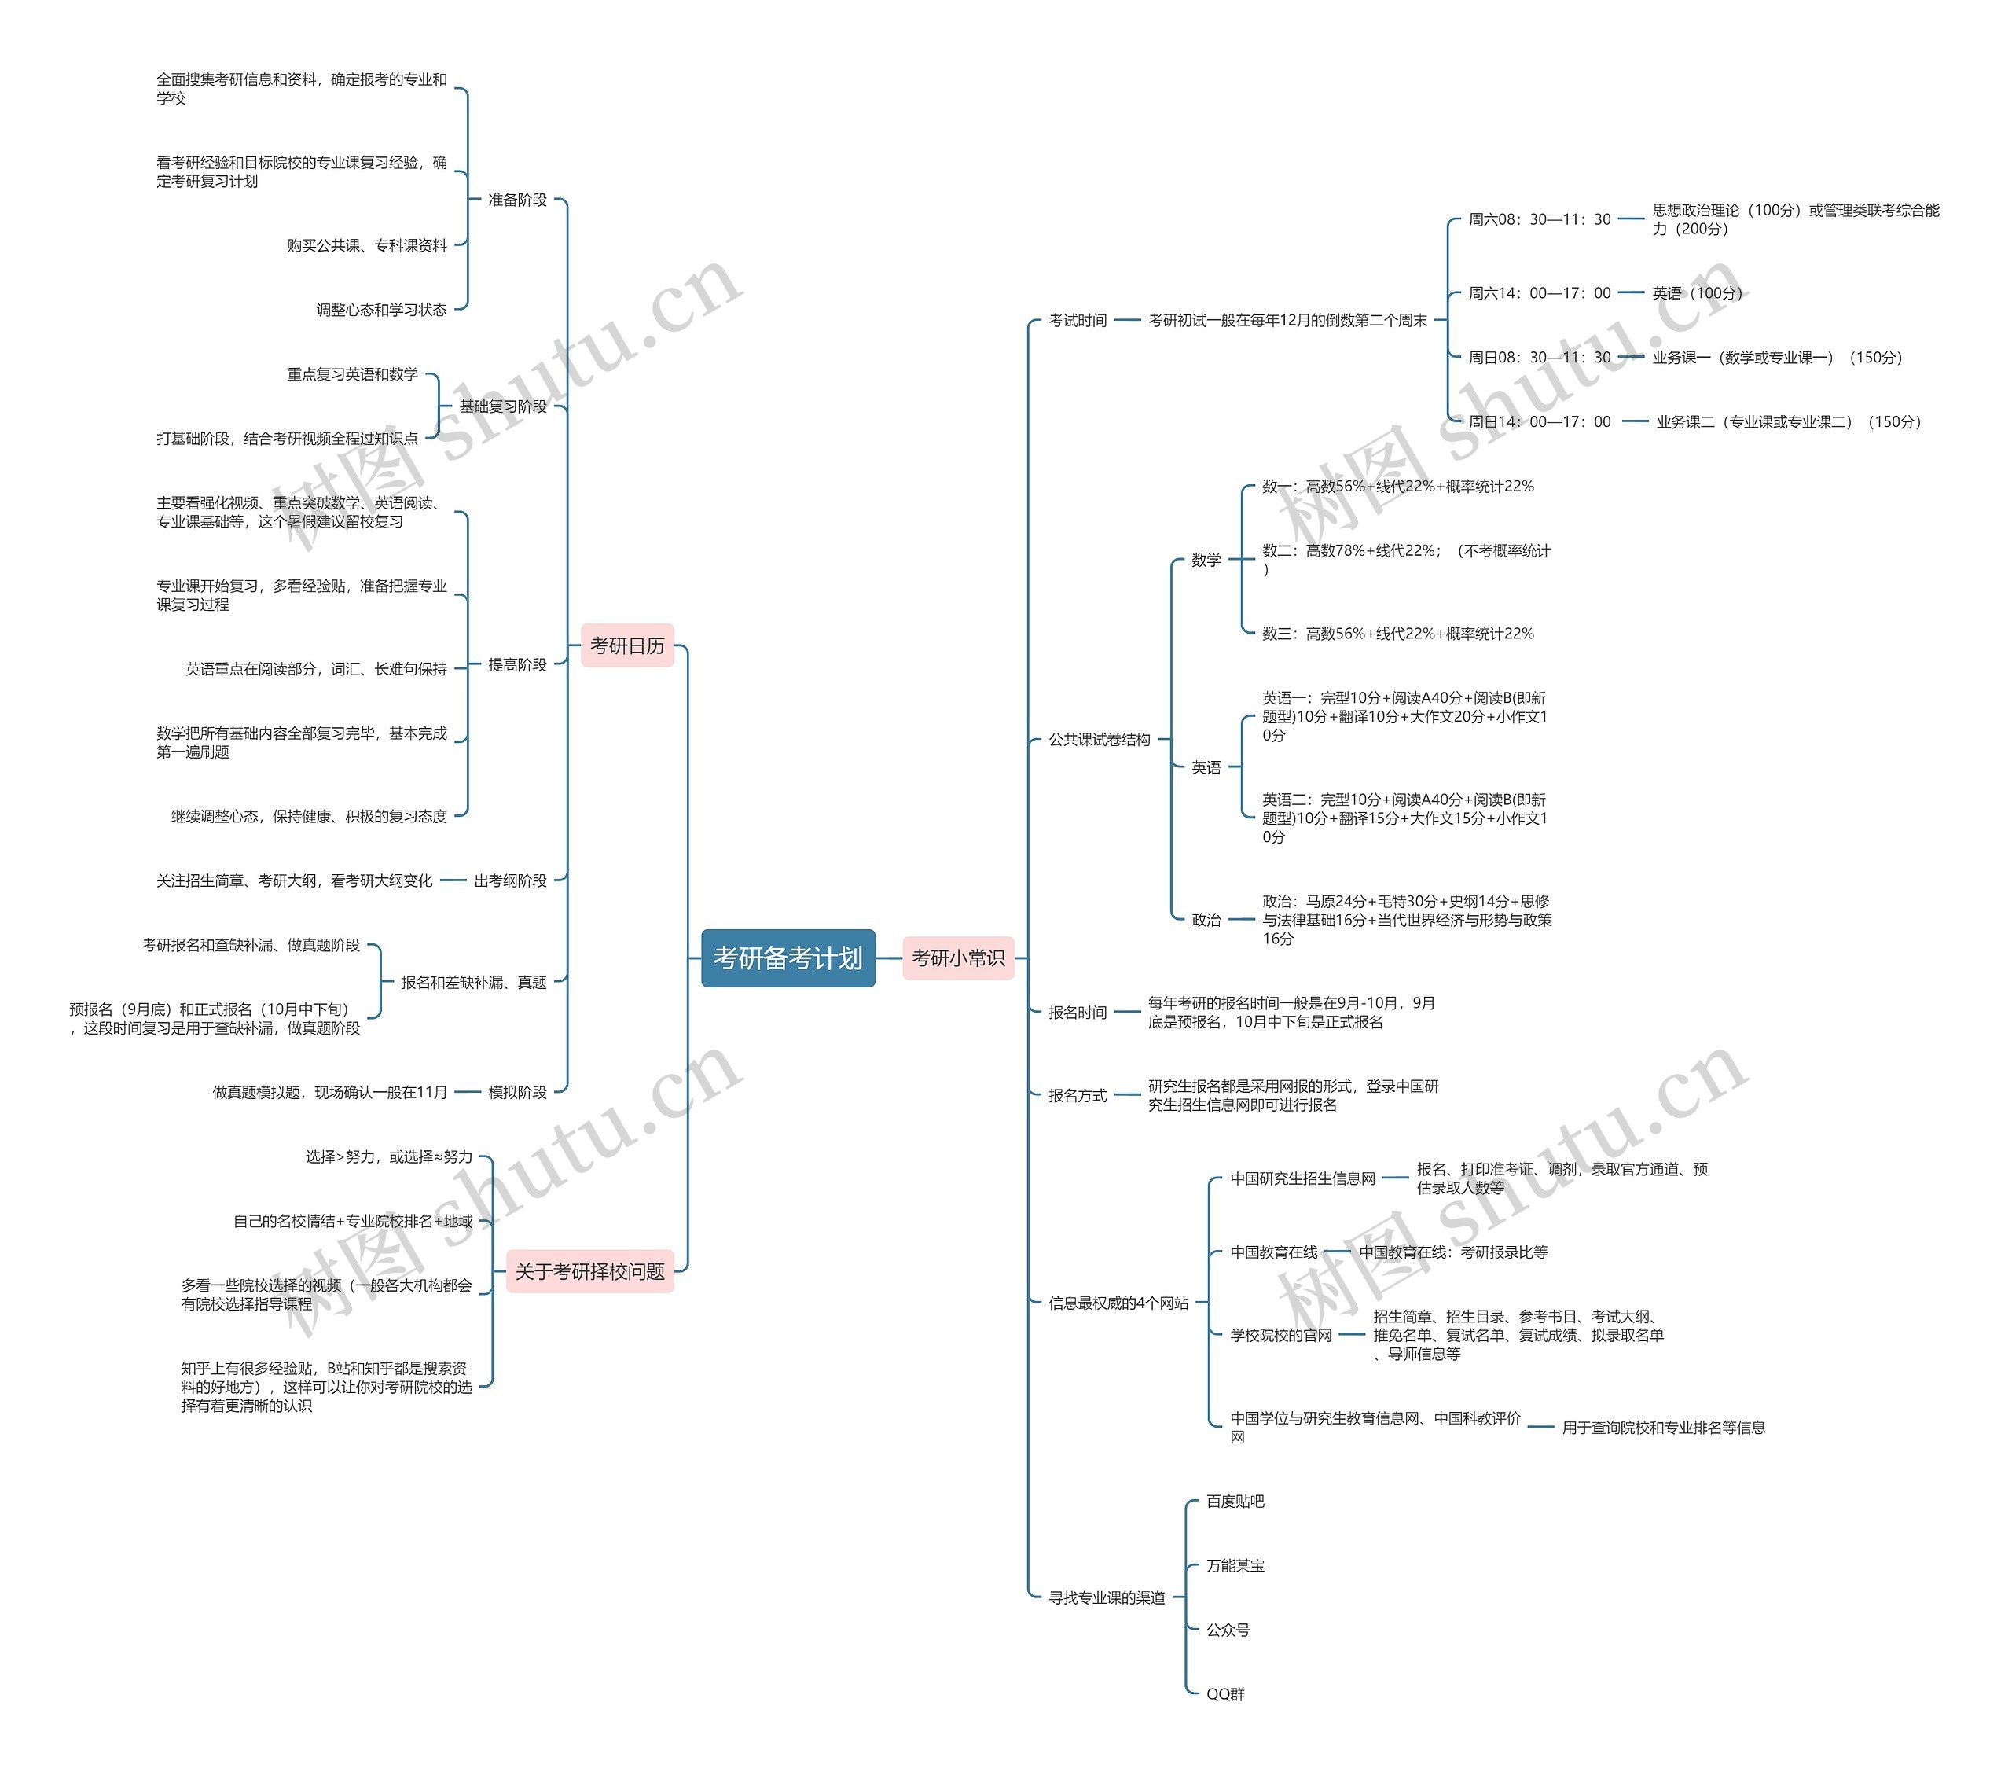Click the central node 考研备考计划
pyautogui.click(x=788, y=958)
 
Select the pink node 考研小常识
pyautogui.click(x=958, y=958)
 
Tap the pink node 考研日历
pyautogui.click(x=627, y=645)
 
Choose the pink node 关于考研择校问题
pyautogui.click(x=589, y=1271)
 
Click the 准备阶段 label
pyautogui.click(x=517, y=200)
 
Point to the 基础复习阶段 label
pyautogui.click(x=502, y=406)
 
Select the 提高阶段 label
pyautogui.click(x=517, y=666)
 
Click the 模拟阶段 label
pyautogui.click(x=517, y=1092)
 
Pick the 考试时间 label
pyautogui.click(x=1077, y=321)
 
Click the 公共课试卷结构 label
pyautogui.click(x=1099, y=739)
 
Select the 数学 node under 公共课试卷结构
pyautogui.click(x=1206, y=561)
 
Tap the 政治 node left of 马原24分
pyautogui.click(x=1206, y=921)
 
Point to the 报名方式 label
pyautogui.click(x=1077, y=1096)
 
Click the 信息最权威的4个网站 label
pyautogui.click(x=1118, y=1303)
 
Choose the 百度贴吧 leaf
pyautogui.click(x=1235, y=1502)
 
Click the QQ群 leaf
pyautogui.click(x=1225, y=1694)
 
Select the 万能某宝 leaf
pyautogui.click(x=1235, y=1565)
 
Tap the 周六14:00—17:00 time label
pyautogui.click(x=1540, y=293)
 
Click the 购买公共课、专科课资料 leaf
pyautogui.click(x=367, y=246)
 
